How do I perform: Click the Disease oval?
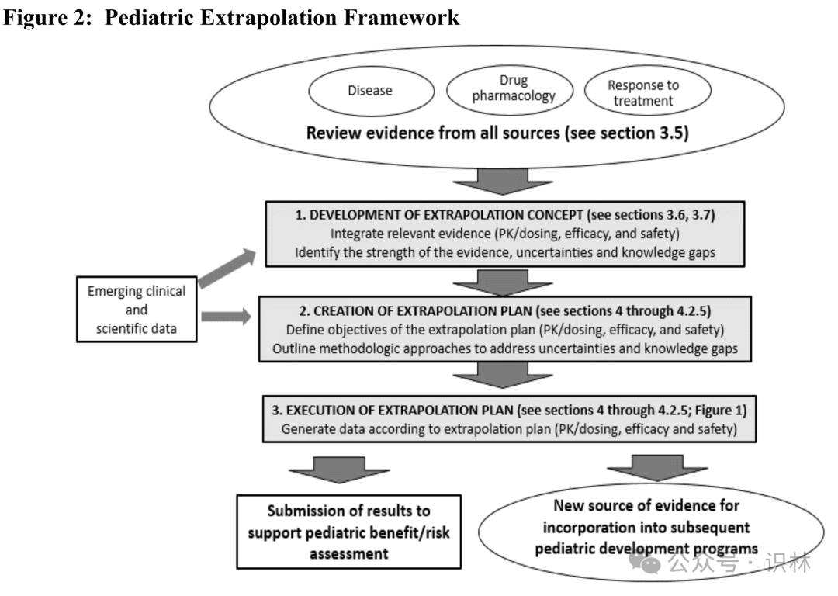[369, 91]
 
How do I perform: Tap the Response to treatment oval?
[642, 92]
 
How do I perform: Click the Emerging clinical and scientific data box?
[137, 310]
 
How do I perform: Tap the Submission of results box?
[349, 532]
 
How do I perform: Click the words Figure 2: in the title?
[48, 17]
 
